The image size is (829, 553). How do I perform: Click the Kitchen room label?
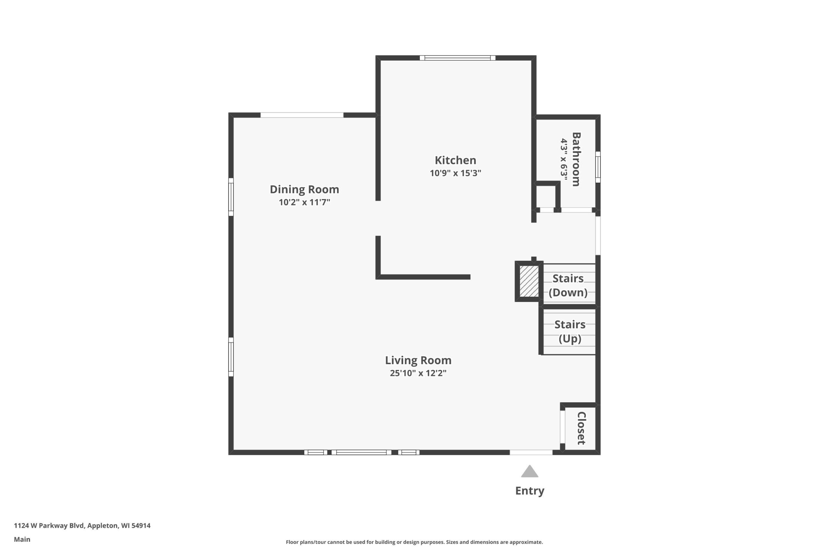click(455, 160)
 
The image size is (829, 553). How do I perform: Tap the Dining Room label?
click(304, 190)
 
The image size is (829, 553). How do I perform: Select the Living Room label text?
click(418, 360)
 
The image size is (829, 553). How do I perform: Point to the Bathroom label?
click(576, 159)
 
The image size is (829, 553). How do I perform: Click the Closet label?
click(581, 428)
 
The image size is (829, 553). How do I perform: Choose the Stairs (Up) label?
click(570, 331)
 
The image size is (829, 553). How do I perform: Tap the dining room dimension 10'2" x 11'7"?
click(304, 202)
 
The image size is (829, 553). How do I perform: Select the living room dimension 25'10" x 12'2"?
click(418, 373)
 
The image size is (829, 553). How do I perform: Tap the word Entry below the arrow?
click(530, 490)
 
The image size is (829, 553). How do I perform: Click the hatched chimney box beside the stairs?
click(529, 282)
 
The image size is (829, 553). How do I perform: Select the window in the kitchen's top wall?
click(458, 58)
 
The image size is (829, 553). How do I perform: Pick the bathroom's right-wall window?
click(598, 167)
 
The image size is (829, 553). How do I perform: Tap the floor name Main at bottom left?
click(22, 539)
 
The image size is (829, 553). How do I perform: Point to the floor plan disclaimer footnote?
click(414, 542)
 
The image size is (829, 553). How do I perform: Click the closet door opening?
click(562, 427)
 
